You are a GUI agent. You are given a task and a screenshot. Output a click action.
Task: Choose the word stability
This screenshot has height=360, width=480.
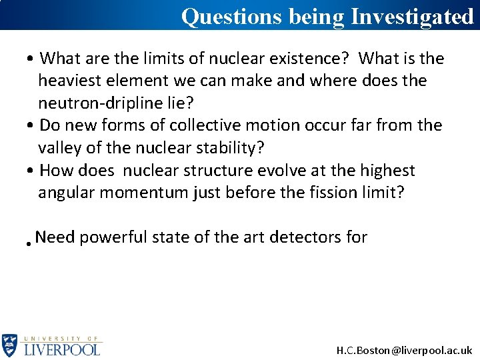(x=229, y=147)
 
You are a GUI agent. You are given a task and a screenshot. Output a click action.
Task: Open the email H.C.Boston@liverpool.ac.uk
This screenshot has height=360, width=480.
(x=404, y=350)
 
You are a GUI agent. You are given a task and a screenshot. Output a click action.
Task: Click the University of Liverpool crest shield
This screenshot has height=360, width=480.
(x=10, y=345)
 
